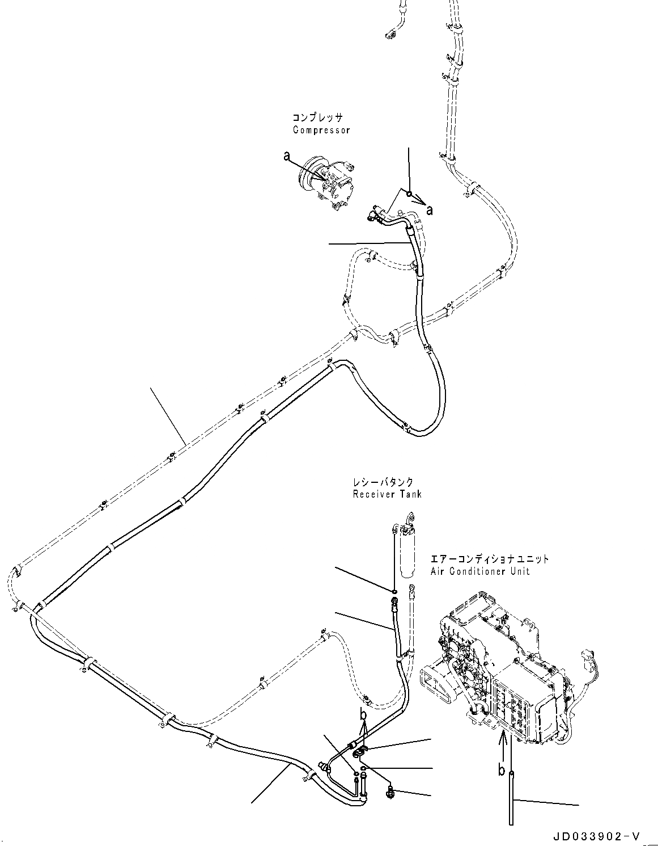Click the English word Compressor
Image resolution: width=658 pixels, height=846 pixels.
[x=321, y=130]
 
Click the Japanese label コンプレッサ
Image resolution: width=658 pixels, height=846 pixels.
[x=317, y=117]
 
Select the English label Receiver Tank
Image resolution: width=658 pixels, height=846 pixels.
[x=387, y=494]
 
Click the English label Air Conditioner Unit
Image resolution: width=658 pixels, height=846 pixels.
[x=480, y=571]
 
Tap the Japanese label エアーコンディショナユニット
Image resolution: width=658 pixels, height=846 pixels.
[x=489, y=559]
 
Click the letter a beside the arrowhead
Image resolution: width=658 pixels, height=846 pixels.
[x=430, y=211]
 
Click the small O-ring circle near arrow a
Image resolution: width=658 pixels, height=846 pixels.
[x=408, y=195]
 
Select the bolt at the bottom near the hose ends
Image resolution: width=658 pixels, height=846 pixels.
[x=390, y=793]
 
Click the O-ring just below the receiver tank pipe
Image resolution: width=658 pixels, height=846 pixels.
[x=393, y=592]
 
